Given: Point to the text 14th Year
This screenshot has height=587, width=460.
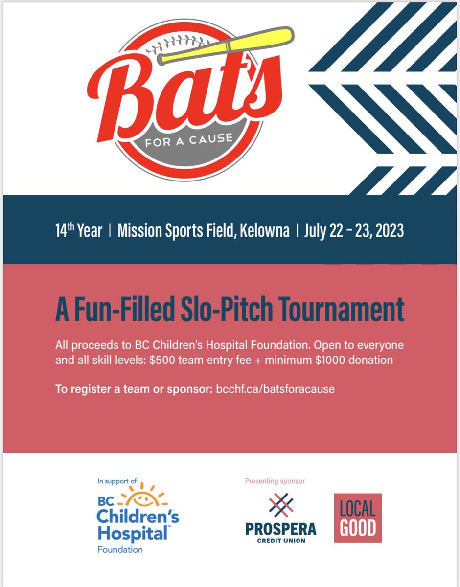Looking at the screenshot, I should click(x=79, y=230).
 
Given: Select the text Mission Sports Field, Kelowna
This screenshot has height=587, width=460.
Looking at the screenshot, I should click(x=204, y=230).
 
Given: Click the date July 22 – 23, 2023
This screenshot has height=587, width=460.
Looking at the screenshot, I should click(x=354, y=230).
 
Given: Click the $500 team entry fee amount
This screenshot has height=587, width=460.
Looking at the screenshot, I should click(x=162, y=361).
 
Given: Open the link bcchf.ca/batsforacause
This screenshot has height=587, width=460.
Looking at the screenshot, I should click(x=275, y=390).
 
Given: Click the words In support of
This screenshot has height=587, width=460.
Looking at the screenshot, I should click(x=118, y=481).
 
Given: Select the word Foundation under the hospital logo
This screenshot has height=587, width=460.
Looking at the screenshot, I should click(x=120, y=549).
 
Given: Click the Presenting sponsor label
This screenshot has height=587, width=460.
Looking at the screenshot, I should click(x=275, y=481).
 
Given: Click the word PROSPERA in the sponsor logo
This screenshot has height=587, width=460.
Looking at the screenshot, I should click(x=280, y=529).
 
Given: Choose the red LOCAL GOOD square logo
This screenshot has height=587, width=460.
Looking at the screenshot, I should click(x=358, y=518).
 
